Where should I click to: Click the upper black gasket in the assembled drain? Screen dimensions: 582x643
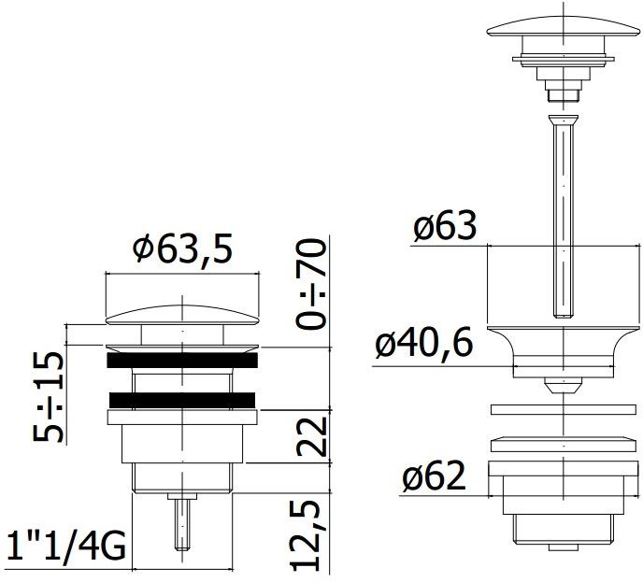pos(182,359)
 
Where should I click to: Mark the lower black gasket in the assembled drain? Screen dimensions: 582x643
pos(182,400)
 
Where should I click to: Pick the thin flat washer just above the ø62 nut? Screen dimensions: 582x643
pos(557,410)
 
